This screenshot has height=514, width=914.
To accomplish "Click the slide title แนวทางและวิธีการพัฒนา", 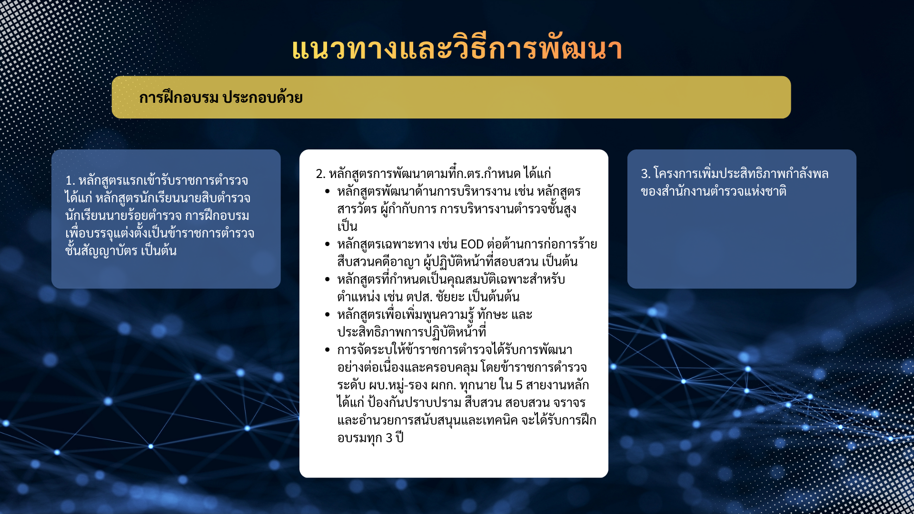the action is pyautogui.click(x=457, y=49).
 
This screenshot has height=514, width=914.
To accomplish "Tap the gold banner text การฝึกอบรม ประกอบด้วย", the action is pyautogui.click(x=221, y=97).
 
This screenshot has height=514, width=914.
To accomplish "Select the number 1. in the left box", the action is pyautogui.click(x=70, y=181).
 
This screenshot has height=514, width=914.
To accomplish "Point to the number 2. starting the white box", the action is pyautogui.click(x=320, y=174).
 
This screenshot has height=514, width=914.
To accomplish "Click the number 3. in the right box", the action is pyautogui.click(x=646, y=174).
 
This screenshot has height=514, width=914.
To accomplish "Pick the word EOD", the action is pyautogui.click(x=472, y=244).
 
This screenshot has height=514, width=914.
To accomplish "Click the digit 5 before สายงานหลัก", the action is pyautogui.click(x=519, y=385).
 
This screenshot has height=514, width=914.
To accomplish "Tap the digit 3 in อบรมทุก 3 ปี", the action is pyautogui.click(x=389, y=438).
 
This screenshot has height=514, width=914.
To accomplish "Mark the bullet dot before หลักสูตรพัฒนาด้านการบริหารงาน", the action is pyautogui.click(x=328, y=191).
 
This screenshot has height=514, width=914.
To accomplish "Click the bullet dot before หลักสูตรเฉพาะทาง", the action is pyautogui.click(x=328, y=244).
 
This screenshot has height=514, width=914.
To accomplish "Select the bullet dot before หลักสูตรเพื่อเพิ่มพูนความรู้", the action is pyautogui.click(x=328, y=315).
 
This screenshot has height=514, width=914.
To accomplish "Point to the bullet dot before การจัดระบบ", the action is pyautogui.click(x=328, y=350).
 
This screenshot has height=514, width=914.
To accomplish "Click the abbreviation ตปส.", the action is pyautogui.click(x=419, y=297).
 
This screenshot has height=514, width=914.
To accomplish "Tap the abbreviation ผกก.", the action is pyautogui.click(x=443, y=385).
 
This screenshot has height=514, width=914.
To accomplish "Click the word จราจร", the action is pyautogui.click(x=569, y=403).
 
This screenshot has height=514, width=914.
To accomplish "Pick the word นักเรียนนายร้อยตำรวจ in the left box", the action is pyautogui.click(x=123, y=216).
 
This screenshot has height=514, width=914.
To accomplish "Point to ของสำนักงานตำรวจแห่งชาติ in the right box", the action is pyautogui.click(x=714, y=191).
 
